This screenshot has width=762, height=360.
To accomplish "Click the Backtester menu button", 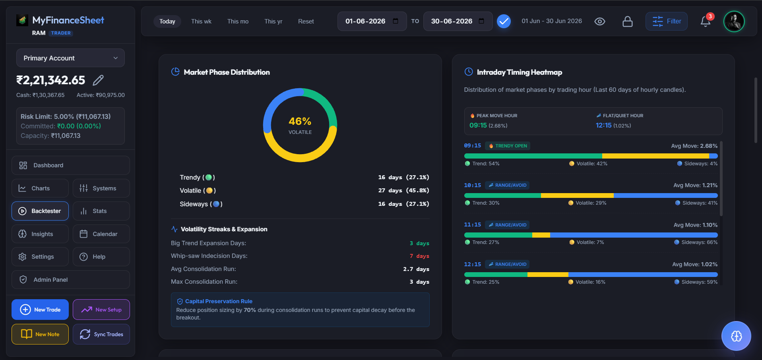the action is point(40,211).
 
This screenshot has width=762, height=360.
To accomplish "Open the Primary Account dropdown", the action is point(70,58).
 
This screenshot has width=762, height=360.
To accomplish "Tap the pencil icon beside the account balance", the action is point(98,80).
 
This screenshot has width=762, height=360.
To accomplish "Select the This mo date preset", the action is point(238,21).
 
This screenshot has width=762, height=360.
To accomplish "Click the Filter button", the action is point(667,21).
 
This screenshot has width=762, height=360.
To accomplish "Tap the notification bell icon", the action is point(706,21).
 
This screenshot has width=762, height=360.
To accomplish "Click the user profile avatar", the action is point(734,21).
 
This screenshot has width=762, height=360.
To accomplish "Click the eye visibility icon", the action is point(600,21).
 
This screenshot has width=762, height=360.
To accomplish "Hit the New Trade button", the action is point(40,310).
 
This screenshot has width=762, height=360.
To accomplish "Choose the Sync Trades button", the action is point(101,334).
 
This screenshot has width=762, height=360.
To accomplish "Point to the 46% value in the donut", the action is point(300,121).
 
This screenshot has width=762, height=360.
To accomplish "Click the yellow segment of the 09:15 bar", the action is point(655,156).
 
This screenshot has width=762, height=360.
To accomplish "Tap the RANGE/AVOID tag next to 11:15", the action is point(507,225).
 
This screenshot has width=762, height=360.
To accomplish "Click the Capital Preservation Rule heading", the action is point(219,301).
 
